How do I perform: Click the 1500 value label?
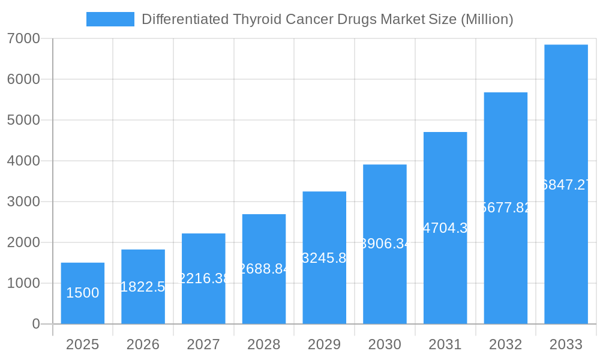coord(83,293)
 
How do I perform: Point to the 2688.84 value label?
coord(264,269)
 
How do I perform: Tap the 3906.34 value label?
coord(385,244)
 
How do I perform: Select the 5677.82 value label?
coord(506,208)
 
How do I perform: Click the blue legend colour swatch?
coord(110,19)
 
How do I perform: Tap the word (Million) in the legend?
coord(487,19)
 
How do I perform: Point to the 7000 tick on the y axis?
coord(23,38)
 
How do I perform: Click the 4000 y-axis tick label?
coord(23,161)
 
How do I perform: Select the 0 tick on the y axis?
coord(35,324)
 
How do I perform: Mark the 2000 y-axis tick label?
coord(23,242)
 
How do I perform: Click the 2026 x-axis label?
coord(143,344)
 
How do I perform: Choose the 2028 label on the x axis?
coord(264,344)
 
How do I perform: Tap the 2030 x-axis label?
coord(385,344)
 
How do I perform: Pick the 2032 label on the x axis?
coord(506,344)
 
